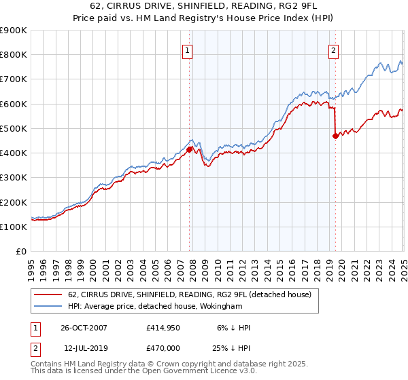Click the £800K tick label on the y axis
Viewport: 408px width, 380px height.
[13, 55]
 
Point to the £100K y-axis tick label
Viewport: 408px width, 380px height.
[13, 227]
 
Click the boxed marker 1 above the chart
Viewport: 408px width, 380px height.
[187, 50]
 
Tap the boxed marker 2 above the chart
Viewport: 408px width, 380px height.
[334, 50]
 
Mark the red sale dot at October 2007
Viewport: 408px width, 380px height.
[190, 149]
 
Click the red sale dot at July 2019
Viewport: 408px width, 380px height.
[335, 136]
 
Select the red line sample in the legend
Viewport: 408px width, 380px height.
[49, 294]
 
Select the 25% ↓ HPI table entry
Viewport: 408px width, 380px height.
[231, 347]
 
